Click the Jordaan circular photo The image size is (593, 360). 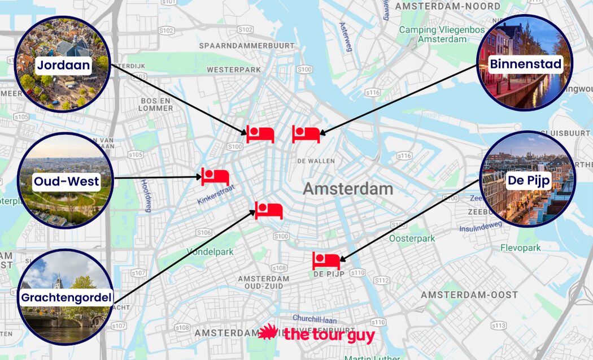point(63,64)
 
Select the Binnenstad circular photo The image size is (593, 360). point(525,63)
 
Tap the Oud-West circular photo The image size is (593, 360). point(66,181)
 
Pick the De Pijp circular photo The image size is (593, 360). point(529,179)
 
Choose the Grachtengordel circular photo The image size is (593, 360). point(66,297)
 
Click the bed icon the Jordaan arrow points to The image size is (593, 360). point(260,134)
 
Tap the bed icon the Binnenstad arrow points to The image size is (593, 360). point(306,134)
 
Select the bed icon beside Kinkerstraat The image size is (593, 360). point(215,176)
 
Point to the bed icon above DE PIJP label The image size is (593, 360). point(326,261)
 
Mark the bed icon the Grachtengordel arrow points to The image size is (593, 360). point(269,210)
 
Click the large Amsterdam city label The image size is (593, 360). point(347,189)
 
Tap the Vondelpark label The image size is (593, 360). point(210,251)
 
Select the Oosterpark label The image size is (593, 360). point(412,238)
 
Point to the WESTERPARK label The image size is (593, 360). point(234,70)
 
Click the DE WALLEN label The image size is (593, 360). point(316,161)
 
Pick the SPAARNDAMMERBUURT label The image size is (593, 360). point(246,45)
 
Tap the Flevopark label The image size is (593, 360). point(520,248)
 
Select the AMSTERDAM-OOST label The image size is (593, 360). point(469,295)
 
